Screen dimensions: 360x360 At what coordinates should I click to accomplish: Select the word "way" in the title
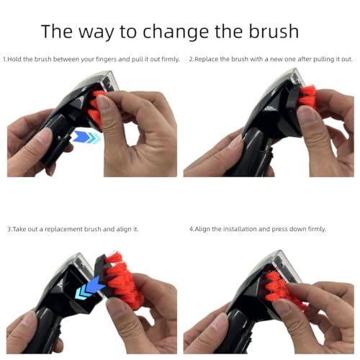[114, 32]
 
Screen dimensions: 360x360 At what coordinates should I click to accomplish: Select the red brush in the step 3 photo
[122, 281]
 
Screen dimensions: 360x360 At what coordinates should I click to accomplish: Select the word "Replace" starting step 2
[208, 58]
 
